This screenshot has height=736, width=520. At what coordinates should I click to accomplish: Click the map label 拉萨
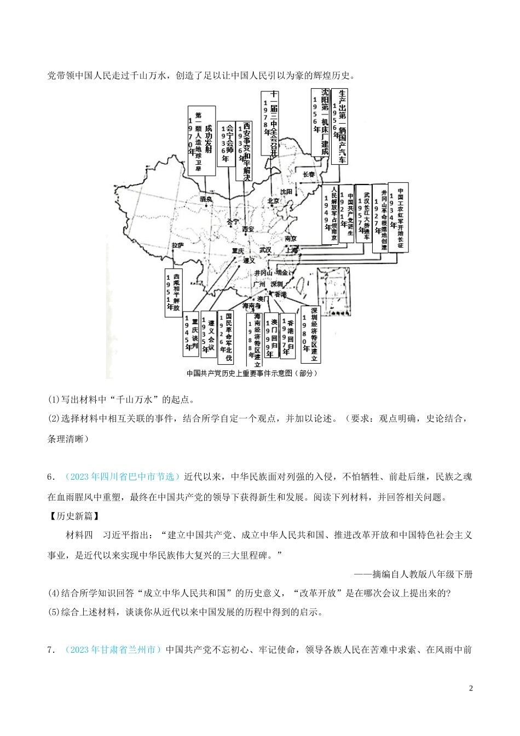(177, 246)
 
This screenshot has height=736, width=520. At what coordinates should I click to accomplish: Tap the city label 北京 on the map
(273, 201)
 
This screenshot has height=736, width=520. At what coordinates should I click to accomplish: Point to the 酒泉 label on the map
(206, 199)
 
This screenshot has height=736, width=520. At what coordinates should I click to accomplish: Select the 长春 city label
(309, 174)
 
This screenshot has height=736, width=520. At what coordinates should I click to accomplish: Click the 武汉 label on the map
(265, 250)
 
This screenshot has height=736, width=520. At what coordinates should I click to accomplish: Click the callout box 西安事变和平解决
(244, 151)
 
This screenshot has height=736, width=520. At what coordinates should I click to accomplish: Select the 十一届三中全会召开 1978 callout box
(270, 123)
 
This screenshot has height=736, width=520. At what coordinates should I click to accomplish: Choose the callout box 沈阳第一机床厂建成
(320, 122)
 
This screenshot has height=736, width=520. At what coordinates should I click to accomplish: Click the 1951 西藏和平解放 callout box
(173, 292)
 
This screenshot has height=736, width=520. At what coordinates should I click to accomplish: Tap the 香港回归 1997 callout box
(287, 335)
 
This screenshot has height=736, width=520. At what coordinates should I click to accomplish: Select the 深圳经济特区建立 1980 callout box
(310, 335)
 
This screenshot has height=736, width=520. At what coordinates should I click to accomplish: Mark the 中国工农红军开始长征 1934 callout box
(398, 217)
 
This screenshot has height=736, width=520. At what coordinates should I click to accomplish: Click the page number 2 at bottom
(471, 688)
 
